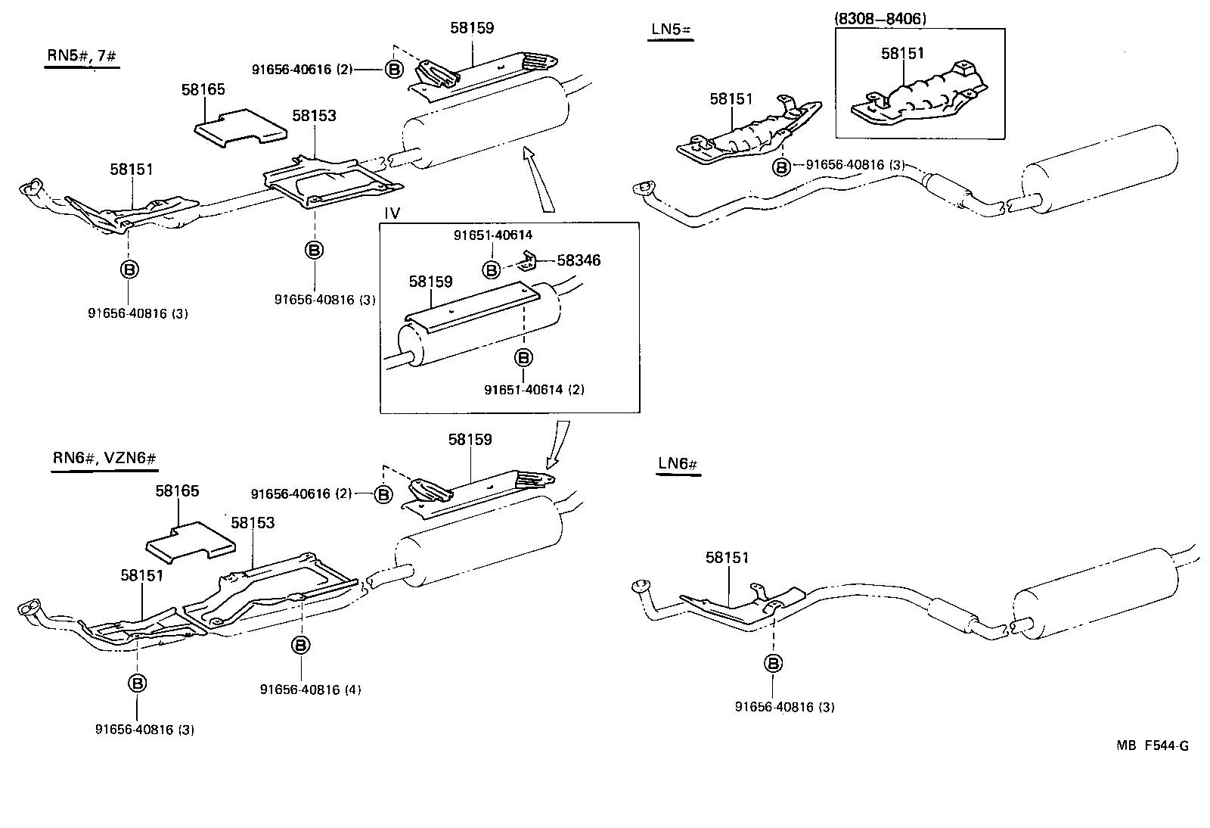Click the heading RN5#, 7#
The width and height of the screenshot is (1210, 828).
(x=81, y=55)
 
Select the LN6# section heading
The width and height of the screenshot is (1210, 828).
(x=678, y=463)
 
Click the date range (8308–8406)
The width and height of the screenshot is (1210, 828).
(x=881, y=19)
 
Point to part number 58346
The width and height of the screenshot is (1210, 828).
(x=579, y=260)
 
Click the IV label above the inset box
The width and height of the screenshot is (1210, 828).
(x=391, y=213)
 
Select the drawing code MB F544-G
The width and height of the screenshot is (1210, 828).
(x=1152, y=746)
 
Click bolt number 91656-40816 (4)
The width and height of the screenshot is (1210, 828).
(x=310, y=689)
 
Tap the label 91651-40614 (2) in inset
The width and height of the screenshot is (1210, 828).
(x=535, y=390)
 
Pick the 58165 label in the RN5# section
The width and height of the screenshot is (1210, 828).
(x=203, y=89)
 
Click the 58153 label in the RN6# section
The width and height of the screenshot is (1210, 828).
(x=253, y=523)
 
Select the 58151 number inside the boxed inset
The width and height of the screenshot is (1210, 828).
(x=902, y=54)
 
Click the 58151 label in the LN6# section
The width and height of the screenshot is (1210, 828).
(x=727, y=558)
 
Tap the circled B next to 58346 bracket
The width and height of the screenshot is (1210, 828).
(x=492, y=269)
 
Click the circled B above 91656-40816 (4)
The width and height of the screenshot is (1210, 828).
(x=300, y=645)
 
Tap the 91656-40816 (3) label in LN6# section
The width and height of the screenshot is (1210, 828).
(x=784, y=707)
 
